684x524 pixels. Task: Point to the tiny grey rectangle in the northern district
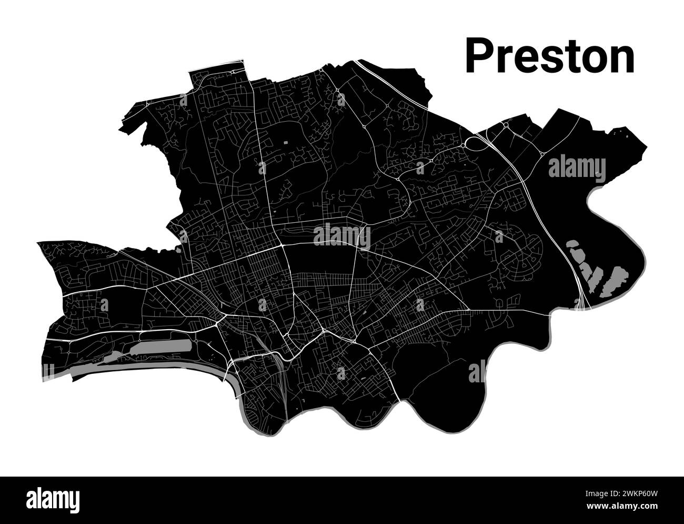pos(286,142)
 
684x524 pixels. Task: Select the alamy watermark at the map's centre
pos(341,236)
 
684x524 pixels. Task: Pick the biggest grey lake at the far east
pos(615,280)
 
